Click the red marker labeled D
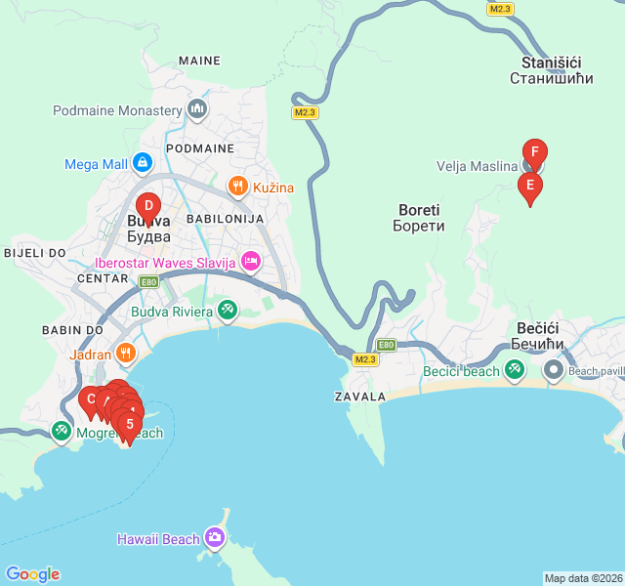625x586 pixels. click(147, 206)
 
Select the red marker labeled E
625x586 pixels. click(529, 185)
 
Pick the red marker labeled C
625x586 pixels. click(91, 398)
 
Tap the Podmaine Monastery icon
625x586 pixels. click(198, 107)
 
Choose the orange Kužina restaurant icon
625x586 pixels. click(236, 186)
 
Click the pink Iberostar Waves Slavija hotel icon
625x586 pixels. click(251, 261)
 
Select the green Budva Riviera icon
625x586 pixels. click(228, 311)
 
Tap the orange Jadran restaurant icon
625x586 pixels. click(125, 354)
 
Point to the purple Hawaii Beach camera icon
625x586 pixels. click(215, 538)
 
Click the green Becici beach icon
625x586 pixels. click(515, 370)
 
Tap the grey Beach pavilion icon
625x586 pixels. click(554, 370)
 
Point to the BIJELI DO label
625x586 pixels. click(34, 252)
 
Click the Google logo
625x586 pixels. click(32, 574)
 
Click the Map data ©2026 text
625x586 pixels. click(582, 578)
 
